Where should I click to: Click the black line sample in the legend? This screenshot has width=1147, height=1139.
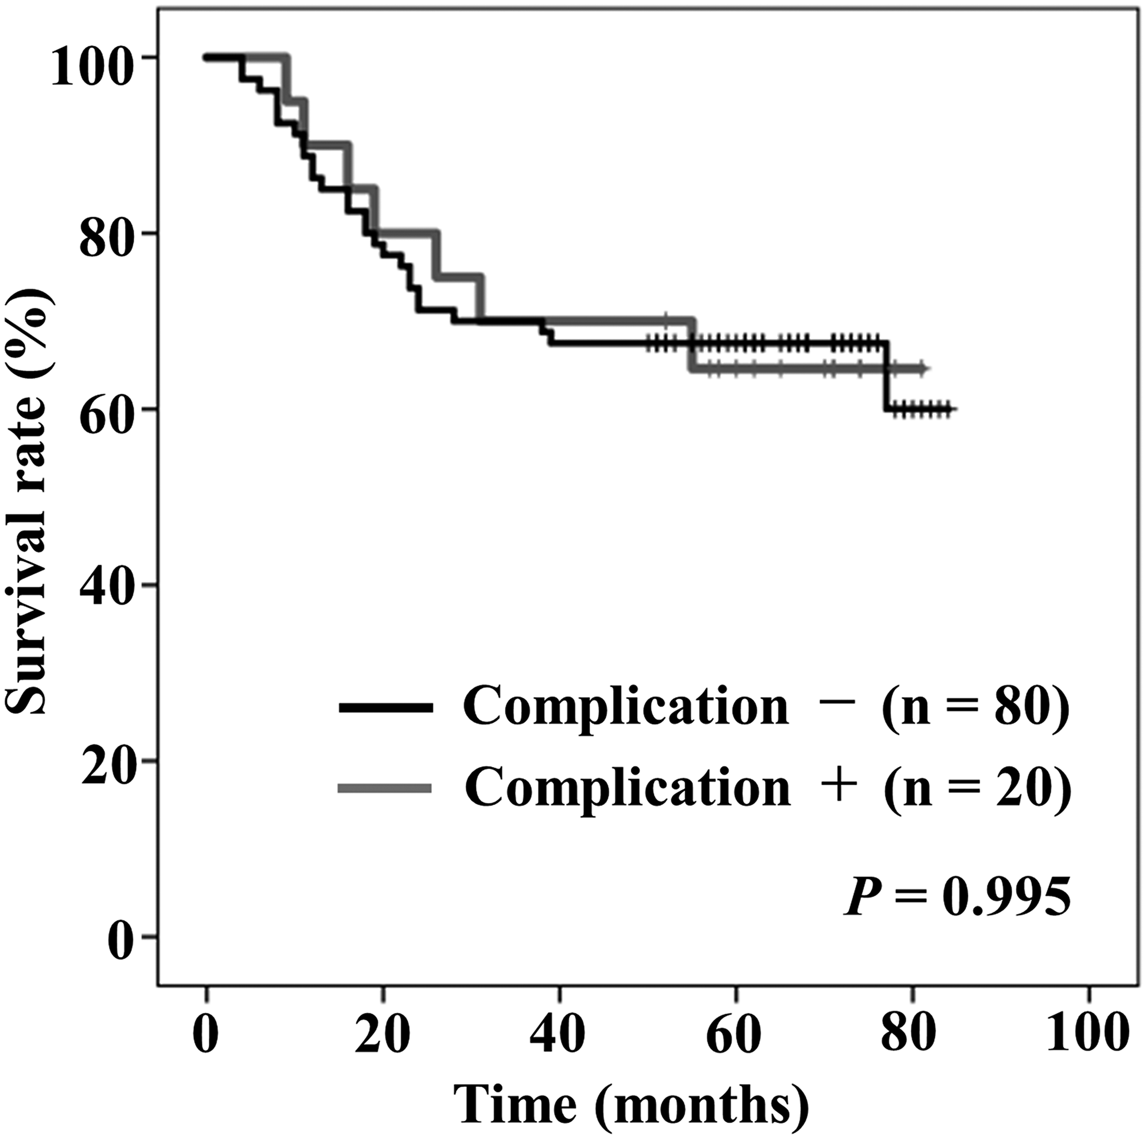click(x=386, y=707)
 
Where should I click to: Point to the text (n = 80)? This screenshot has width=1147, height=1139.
click(x=977, y=707)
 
